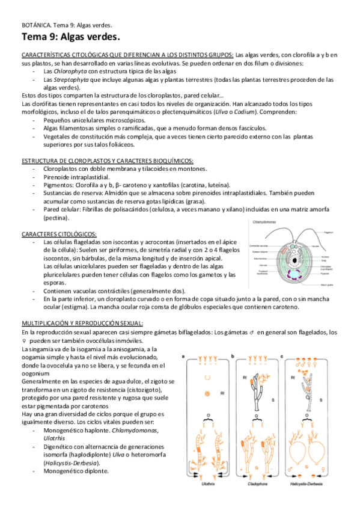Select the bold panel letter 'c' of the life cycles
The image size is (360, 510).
point(286,356)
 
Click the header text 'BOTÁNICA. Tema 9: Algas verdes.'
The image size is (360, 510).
point(65,26)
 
